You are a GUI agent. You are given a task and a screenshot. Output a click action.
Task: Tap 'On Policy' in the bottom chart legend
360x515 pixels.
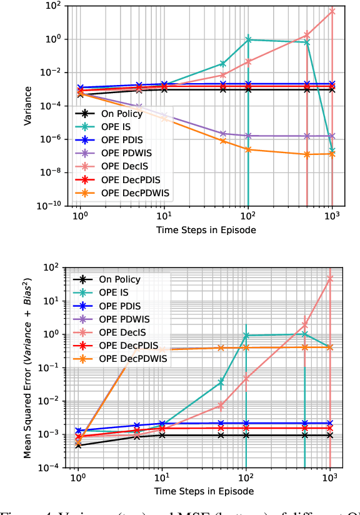pos(121,279)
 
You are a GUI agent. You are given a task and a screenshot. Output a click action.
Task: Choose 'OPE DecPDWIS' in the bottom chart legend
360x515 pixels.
pos(134,359)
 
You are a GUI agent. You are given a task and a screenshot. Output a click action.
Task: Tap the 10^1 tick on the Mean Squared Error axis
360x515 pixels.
pos(57,301)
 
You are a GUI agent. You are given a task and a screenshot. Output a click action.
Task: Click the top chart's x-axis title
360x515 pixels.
pos(206,229)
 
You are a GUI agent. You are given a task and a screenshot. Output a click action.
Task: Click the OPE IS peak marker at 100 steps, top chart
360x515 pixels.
pos(249,39)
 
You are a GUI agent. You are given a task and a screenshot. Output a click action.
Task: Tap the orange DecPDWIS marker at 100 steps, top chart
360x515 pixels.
pos(249,149)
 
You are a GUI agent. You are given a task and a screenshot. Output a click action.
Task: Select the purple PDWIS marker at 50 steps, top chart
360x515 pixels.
pos(223,133)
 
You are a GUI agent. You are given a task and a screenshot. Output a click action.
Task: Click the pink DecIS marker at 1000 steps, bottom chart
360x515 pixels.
pos(330,278)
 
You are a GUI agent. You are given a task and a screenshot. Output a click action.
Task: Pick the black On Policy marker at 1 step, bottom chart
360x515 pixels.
pos(78,445)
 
